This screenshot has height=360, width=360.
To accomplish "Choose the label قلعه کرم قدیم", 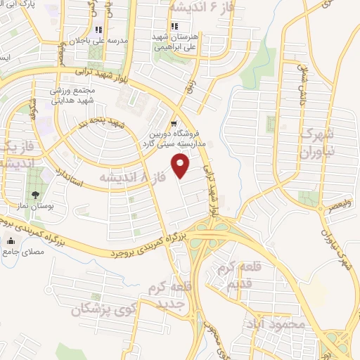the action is point(239,277).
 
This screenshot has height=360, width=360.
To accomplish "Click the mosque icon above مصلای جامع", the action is point(10,242).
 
